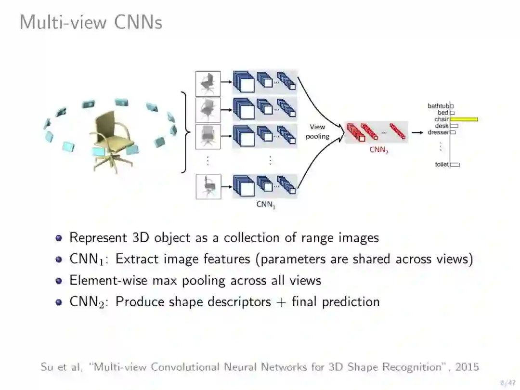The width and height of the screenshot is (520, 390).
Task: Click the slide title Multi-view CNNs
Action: point(91,22)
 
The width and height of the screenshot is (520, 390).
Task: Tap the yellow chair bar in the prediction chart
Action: point(464,119)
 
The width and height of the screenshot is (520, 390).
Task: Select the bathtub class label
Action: point(438,106)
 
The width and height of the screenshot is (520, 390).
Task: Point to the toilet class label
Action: point(442,165)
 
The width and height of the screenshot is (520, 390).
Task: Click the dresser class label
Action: point(438,132)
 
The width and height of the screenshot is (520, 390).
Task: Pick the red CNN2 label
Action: point(378,150)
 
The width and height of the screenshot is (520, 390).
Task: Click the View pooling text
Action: point(317,131)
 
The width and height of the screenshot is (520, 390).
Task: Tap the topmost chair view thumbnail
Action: point(208,84)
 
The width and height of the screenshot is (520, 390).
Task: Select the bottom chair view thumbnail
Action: point(208,186)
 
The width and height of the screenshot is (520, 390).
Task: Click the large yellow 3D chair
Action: point(112,140)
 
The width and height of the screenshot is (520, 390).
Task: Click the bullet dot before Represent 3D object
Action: point(59,238)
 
